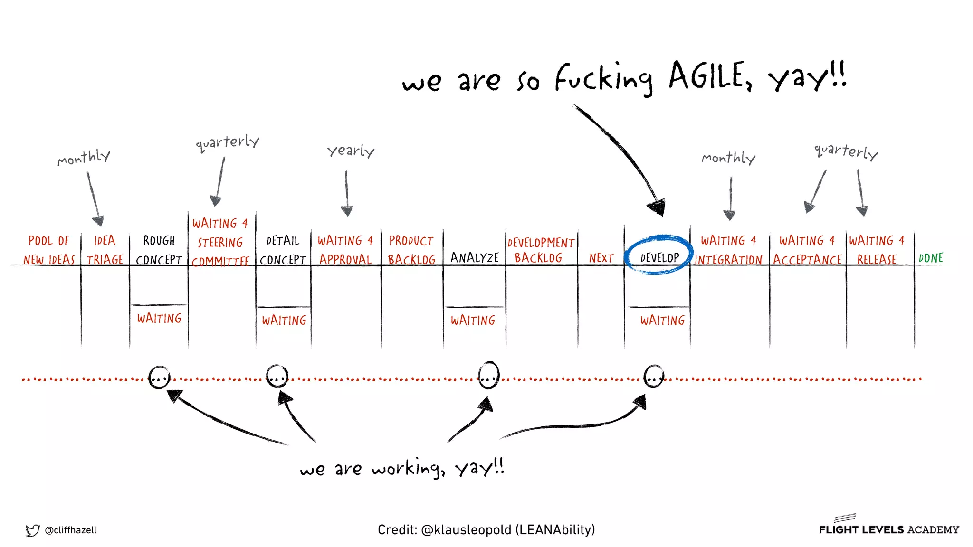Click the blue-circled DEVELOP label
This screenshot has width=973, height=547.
659,257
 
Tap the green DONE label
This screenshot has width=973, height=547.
930,258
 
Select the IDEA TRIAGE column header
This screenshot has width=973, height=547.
105,250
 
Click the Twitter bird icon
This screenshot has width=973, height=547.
32,530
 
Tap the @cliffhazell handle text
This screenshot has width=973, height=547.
71,530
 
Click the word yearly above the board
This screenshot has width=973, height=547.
351,151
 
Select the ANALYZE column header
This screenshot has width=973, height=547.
474,258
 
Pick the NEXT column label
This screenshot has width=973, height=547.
601,258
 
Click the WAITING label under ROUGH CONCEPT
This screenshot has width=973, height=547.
159,318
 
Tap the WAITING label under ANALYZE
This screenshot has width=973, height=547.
473,321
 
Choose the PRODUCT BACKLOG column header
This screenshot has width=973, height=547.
411,250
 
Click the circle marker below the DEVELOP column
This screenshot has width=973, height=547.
654,377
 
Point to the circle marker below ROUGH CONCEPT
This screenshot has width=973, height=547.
159,377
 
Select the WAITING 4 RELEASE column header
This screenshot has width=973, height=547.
877,250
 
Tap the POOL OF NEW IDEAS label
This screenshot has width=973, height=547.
49,250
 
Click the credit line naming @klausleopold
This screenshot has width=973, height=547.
486,529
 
